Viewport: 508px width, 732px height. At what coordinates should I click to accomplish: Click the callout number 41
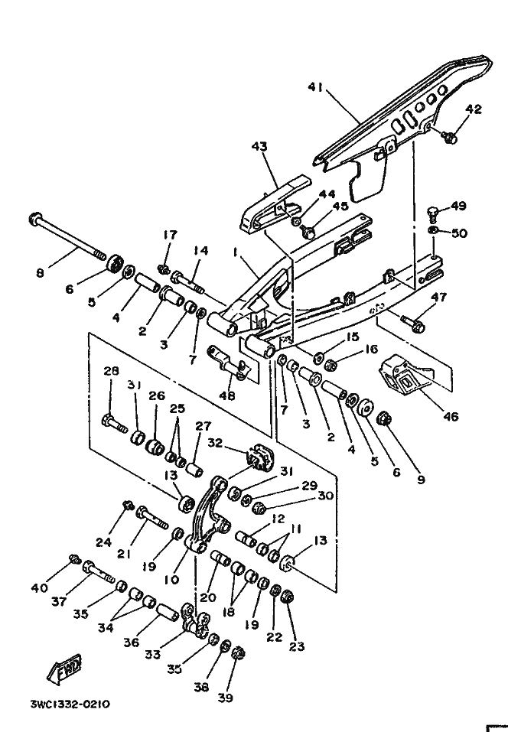click(x=315, y=87)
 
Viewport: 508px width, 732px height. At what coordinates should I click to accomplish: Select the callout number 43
click(x=259, y=146)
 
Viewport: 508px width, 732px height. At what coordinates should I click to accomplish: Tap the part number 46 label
click(x=451, y=416)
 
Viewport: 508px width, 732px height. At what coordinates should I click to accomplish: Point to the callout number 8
click(x=40, y=272)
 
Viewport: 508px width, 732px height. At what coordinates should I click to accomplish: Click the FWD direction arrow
click(x=64, y=669)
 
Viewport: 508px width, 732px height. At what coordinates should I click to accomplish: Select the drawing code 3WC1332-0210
click(x=70, y=704)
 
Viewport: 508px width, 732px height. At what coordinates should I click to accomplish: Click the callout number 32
click(x=215, y=443)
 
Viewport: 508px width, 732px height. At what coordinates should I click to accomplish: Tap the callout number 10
click(x=171, y=579)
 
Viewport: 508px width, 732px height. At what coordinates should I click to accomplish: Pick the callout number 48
click(x=227, y=396)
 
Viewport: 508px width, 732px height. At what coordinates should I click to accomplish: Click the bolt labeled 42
click(x=449, y=137)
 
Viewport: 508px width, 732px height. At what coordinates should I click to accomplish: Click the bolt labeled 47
click(x=413, y=323)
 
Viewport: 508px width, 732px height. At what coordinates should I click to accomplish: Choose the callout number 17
click(x=170, y=235)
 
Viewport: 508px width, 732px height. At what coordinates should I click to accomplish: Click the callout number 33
click(x=153, y=655)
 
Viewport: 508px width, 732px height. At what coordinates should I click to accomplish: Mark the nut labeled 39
click(x=239, y=652)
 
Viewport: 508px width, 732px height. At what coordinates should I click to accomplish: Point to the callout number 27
click(x=203, y=426)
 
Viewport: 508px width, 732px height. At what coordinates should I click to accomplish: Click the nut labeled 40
click(x=75, y=559)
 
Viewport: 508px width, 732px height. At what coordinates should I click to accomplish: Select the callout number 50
click(x=460, y=233)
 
